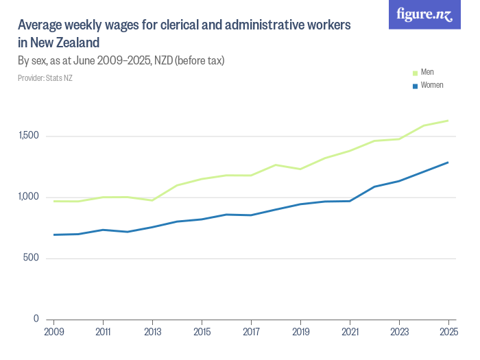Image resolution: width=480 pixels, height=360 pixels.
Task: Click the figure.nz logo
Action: (x=424, y=14)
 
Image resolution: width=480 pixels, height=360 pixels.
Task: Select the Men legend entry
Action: (x=423, y=72)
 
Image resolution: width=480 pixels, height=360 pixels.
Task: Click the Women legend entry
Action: (x=428, y=85)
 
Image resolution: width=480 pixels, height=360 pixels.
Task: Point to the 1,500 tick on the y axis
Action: (x=29, y=135)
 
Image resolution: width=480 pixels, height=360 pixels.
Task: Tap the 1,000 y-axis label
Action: (x=29, y=197)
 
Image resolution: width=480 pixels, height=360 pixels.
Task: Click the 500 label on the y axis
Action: (x=31, y=258)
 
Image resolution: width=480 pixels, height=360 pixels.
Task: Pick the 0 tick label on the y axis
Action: (x=36, y=319)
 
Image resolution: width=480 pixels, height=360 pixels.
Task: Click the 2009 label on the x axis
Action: (x=54, y=332)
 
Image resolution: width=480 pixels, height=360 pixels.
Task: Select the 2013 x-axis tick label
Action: (x=153, y=332)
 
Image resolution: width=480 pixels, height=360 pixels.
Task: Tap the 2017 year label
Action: (x=252, y=332)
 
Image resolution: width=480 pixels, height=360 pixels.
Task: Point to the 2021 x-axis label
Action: (x=350, y=332)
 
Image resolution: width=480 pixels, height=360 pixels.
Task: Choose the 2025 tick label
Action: (x=448, y=332)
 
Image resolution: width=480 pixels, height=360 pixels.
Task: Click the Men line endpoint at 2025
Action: (x=448, y=121)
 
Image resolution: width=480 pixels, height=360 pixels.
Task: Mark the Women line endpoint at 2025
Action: (x=448, y=163)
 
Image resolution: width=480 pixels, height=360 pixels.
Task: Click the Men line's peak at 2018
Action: (x=276, y=165)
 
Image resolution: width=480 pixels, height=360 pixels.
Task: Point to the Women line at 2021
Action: (x=350, y=201)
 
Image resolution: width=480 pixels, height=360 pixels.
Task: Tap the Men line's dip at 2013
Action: (x=152, y=200)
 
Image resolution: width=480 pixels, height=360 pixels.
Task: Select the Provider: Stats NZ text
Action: (x=45, y=78)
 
